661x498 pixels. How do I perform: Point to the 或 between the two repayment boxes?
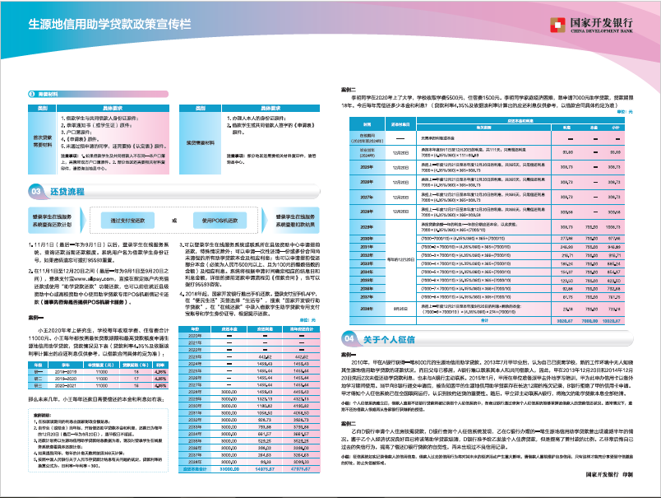tap(173, 221)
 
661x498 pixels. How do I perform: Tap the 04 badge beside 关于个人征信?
tap(350, 338)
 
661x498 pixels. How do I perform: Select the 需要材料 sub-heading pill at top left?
tap(44, 95)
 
